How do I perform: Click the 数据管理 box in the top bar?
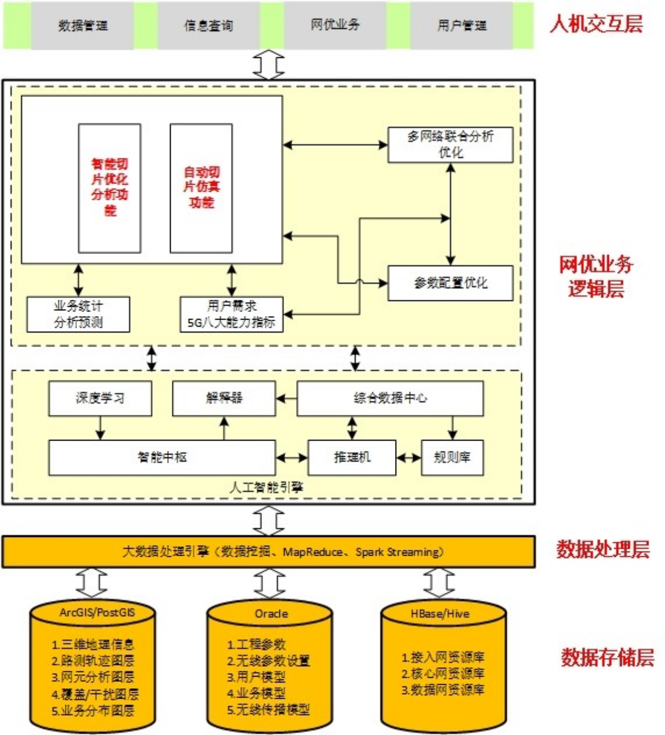pos(82,26)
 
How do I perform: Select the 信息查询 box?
pos(209,26)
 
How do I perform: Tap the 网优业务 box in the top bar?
pos(335,25)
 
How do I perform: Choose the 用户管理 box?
pos(462,26)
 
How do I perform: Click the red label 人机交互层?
pos(596,24)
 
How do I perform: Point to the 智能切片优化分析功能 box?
pos(110,188)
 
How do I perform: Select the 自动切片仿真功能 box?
pos(201,188)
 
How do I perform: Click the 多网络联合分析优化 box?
pos(451,144)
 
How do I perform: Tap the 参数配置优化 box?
pos(451,283)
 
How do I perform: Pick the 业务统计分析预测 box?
pos(78,314)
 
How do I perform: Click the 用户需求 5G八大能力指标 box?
pos(231,314)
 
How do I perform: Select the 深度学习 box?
pos(100,398)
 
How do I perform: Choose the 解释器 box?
pos(224,398)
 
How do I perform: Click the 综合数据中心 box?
pos(390,398)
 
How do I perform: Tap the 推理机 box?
pos(352,457)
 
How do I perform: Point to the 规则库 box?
pos(452,457)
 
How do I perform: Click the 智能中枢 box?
pos(162,457)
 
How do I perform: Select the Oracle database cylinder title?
pos(271,613)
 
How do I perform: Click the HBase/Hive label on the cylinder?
pos(439,613)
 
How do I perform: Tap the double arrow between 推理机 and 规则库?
pos(408,457)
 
